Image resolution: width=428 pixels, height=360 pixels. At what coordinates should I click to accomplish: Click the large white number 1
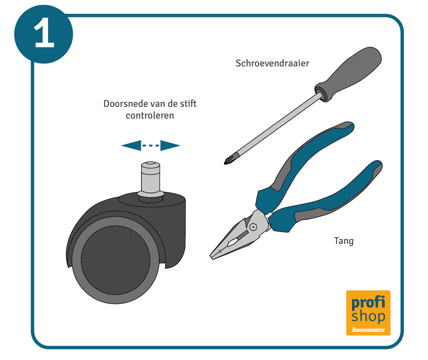click(44, 32)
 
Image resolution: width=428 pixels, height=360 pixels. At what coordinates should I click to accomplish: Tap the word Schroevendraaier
click(272, 63)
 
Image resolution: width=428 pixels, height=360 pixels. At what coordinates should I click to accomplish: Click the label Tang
click(344, 241)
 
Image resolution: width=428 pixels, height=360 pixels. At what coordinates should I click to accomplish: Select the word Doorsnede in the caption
click(126, 103)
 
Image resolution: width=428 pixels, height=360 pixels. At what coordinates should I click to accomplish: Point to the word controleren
click(150, 115)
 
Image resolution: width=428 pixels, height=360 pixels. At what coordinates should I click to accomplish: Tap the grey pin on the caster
click(151, 178)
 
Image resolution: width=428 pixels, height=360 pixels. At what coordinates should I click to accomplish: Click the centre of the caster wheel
click(115, 260)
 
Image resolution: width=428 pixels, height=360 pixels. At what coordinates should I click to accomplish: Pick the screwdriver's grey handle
click(348, 74)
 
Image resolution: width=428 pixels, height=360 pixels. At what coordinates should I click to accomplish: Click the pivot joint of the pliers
click(253, 227)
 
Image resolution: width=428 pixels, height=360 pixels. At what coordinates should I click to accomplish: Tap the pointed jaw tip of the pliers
click(212, 257)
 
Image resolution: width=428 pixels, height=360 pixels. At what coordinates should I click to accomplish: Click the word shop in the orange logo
click(368, 316)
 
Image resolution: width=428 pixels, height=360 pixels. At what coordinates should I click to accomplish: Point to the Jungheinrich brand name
click(368, 330)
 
